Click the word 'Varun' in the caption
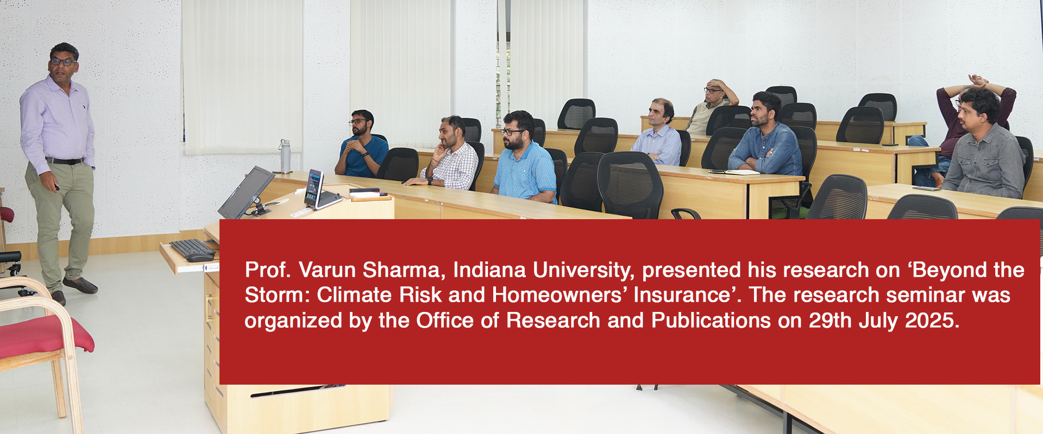328,270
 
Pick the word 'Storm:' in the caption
278,295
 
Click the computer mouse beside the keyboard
200,257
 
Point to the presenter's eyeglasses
63,62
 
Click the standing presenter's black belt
65,161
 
